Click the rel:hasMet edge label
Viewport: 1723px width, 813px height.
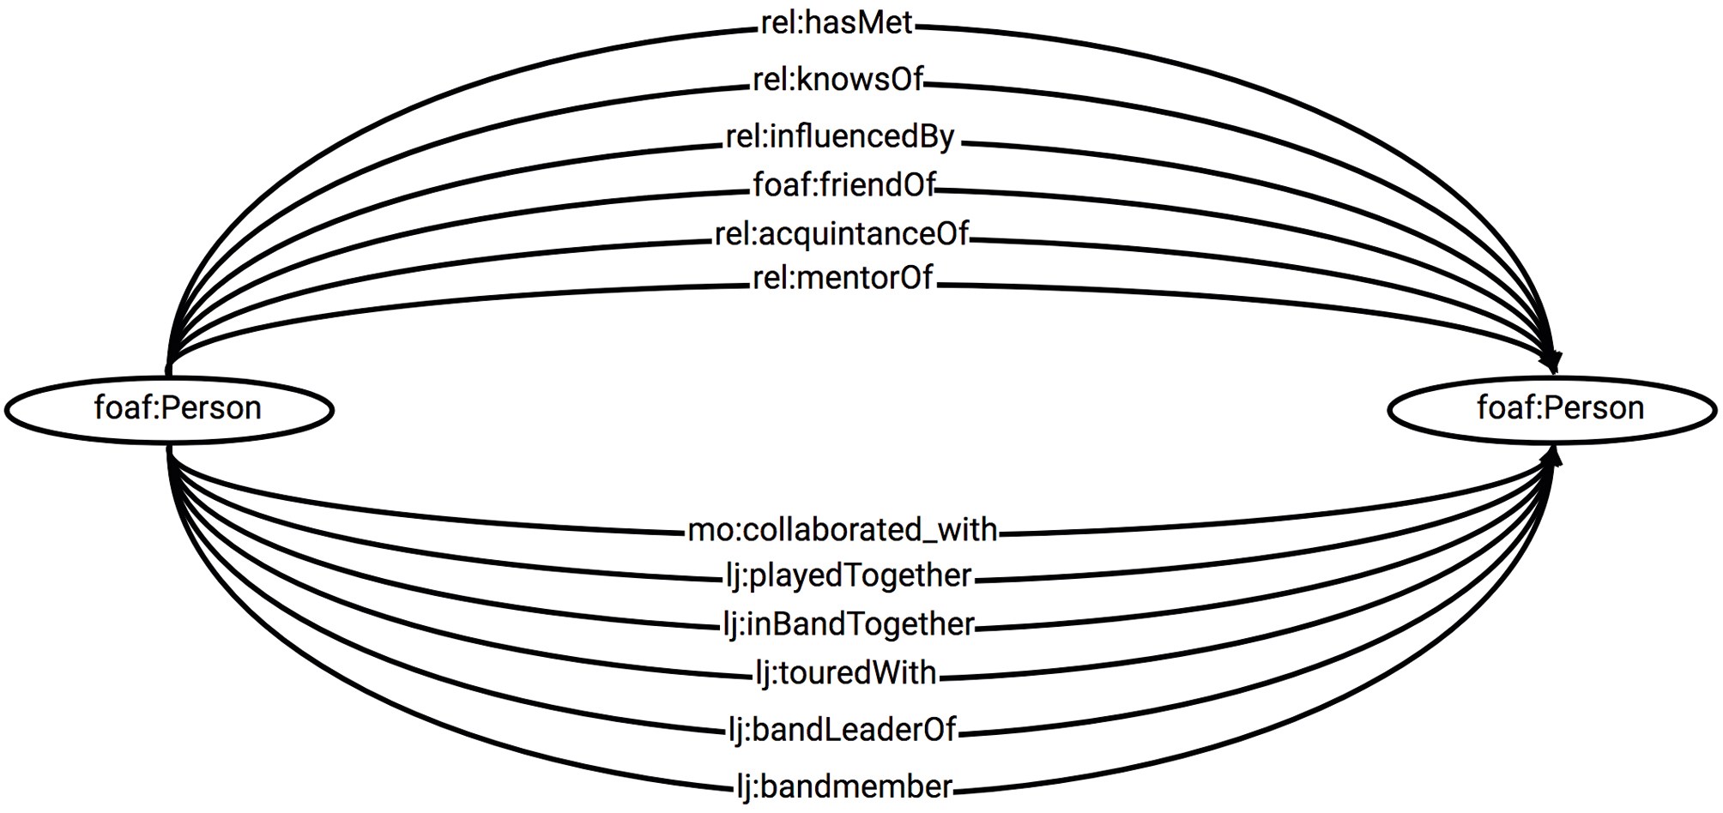(x=837, y=23)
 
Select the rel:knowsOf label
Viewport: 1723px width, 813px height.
(x=837, y=80)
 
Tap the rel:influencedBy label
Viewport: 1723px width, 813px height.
(x=840, y=137)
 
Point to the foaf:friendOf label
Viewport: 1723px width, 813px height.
(x=843, y=185)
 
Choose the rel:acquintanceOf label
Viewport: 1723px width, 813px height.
(x=841, y=234)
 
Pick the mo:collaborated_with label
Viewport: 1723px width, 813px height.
(x=843, y=530)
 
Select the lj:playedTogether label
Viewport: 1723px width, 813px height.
(x=848, y=575)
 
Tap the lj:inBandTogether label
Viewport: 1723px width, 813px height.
(x=848, y=624)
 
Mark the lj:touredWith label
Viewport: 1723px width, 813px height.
(x=846, y=673)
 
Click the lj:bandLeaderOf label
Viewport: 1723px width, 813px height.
(x=842, y=730)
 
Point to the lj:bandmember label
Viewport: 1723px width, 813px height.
(x=844, y=786)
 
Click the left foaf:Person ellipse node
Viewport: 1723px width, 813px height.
(x=169, y=409)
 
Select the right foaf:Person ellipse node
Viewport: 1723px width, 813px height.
(x=1552, y=409)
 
